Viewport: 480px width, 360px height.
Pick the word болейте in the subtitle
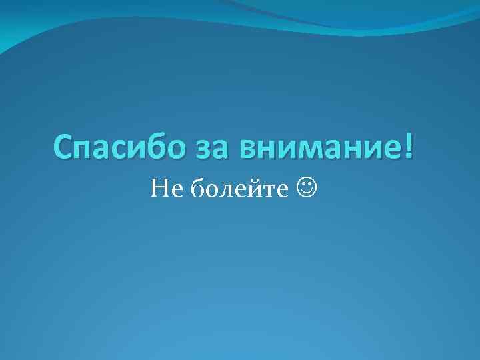(x=241, y=191)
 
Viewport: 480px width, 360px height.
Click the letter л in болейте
(x=225, y=192)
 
